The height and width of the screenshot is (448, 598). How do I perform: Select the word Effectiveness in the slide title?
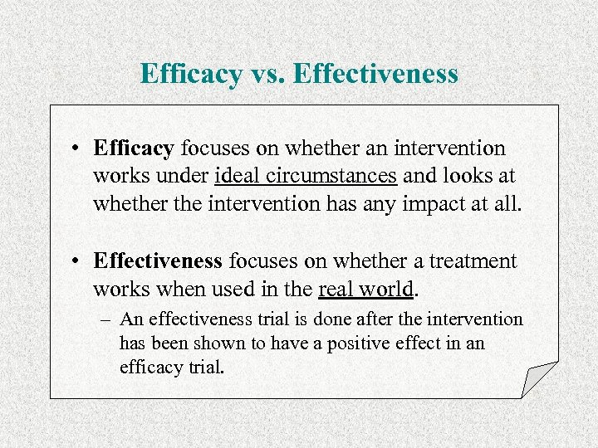coord(375,74)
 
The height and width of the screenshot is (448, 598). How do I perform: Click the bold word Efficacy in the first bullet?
coord(134,149)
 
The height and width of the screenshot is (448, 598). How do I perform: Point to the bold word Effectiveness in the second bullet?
coord(158,261)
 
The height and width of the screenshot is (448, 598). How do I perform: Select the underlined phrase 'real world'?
coord(365,289)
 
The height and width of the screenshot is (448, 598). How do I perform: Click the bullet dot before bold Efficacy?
coord(75,149)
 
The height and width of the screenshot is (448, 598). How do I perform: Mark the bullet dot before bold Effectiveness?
coord(75,262)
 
